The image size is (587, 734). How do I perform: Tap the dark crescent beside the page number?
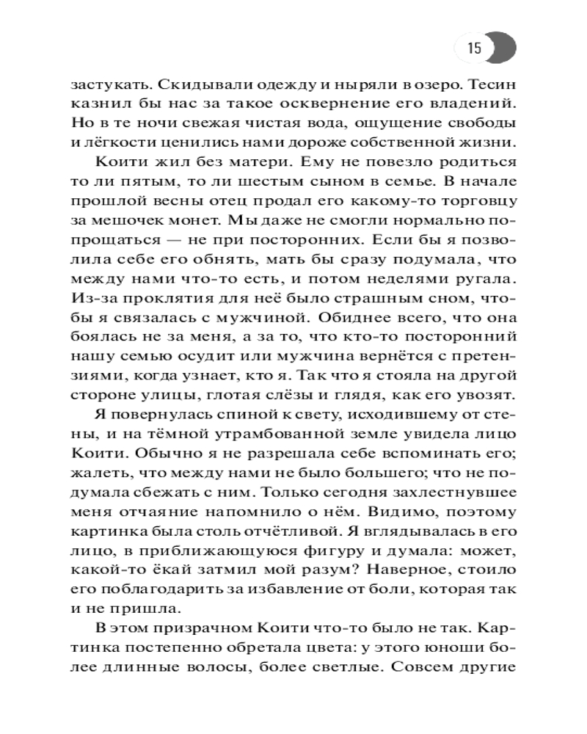coord(504,49)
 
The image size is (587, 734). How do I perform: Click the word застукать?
coord(116,84)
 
